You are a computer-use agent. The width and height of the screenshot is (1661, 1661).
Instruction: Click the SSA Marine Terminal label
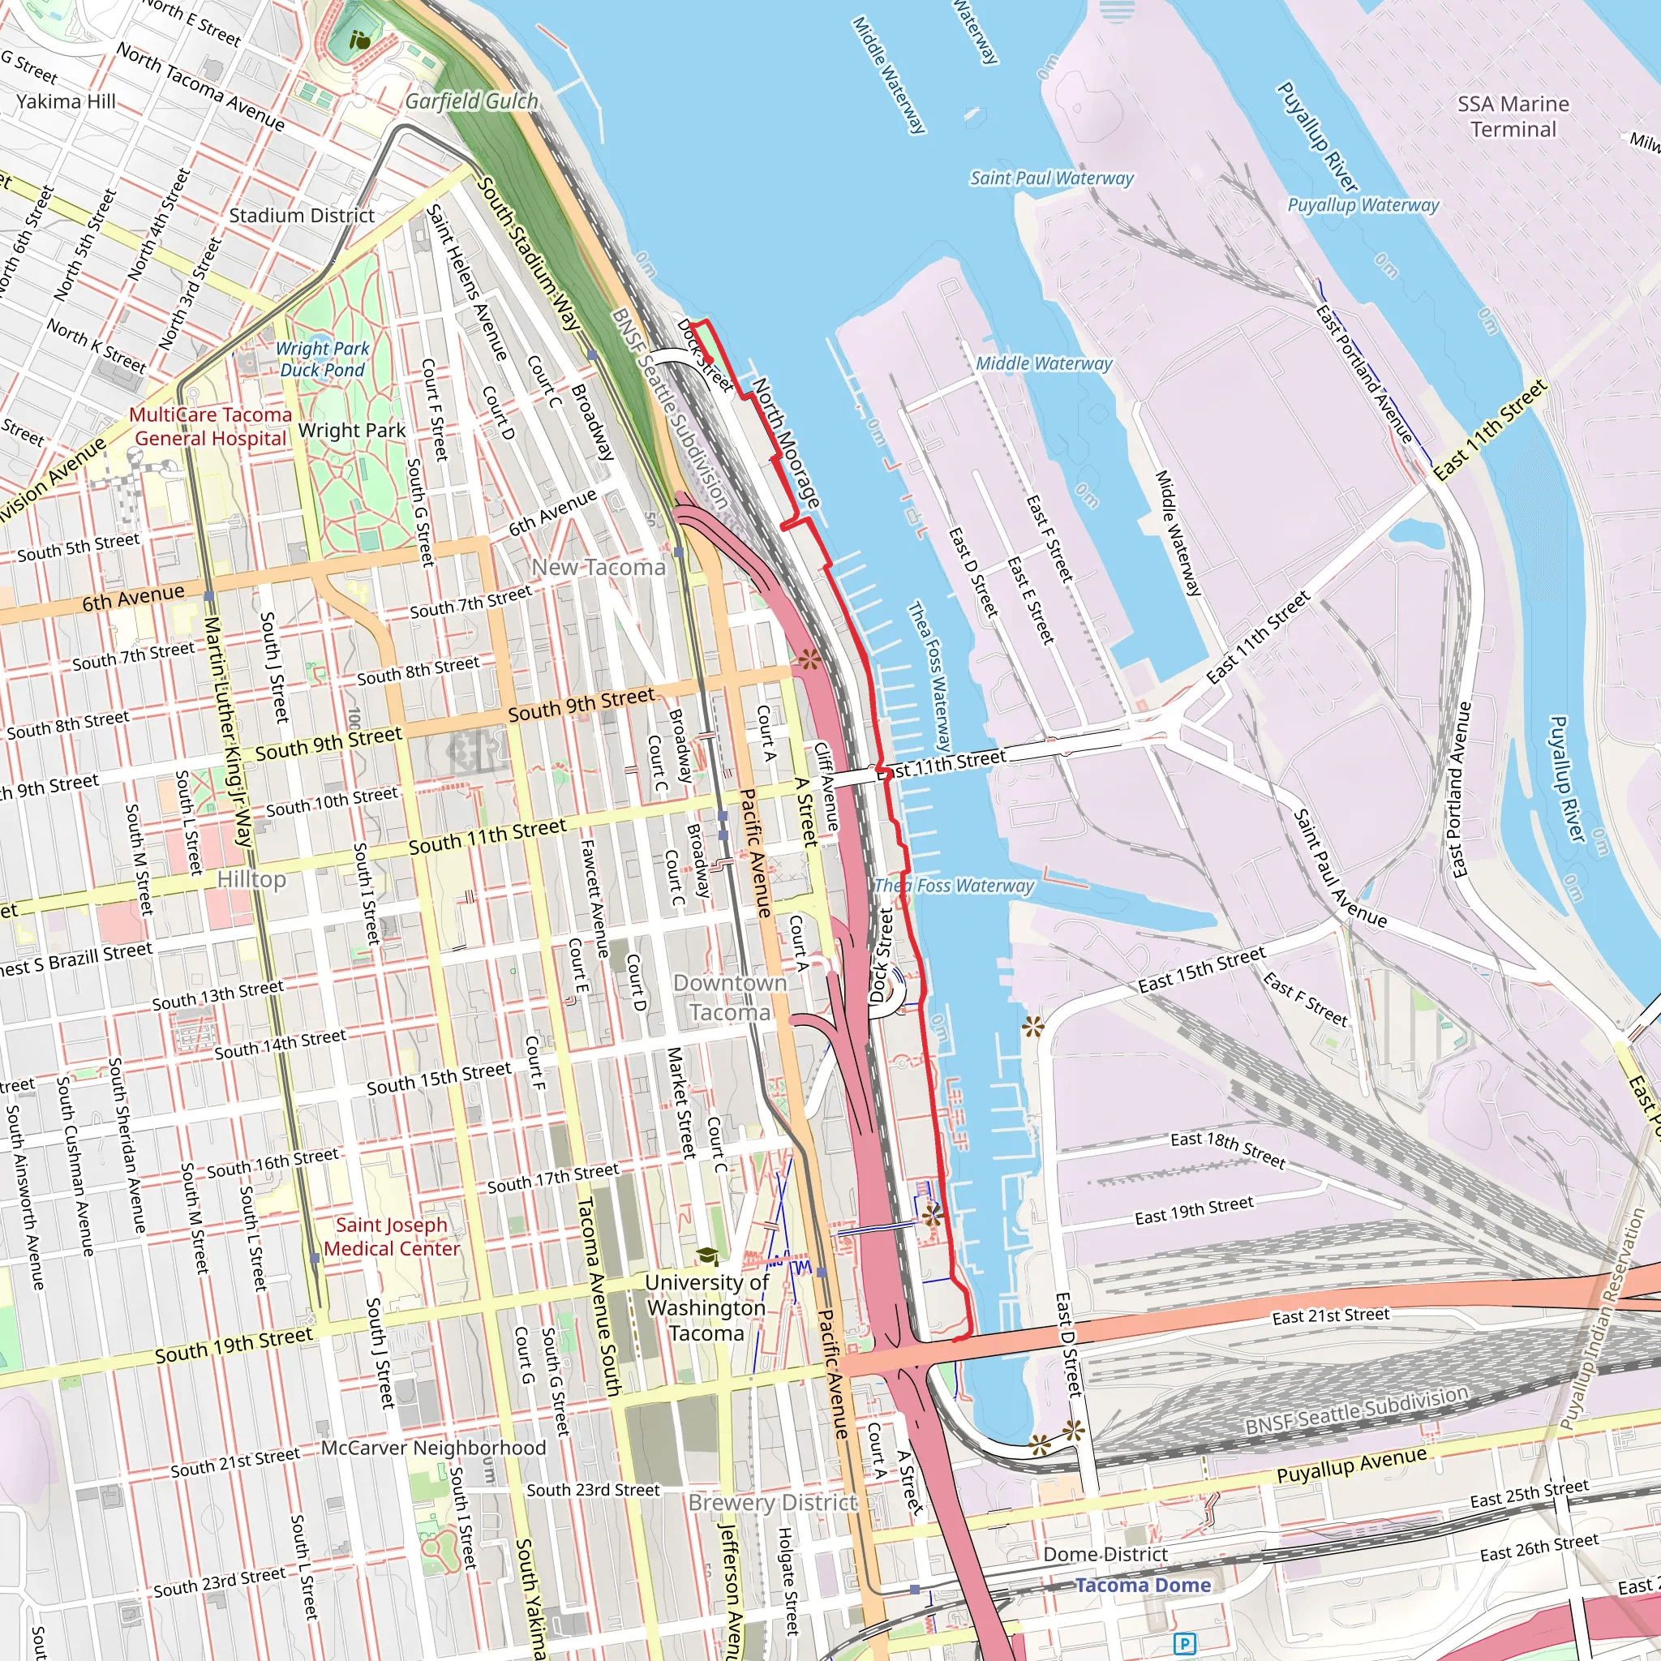(x=1513, y=116)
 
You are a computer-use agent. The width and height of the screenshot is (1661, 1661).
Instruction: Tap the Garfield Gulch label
(x=471, y=101)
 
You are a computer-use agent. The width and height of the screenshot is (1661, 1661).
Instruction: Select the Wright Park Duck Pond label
(x=323, y=359)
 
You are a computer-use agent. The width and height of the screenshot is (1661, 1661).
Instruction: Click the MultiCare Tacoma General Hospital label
(x=211, y=427)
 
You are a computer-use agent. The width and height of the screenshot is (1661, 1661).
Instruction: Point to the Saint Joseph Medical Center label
(x=392, y=1236)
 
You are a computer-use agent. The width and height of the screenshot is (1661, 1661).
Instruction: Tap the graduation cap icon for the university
(x=706, y=1257)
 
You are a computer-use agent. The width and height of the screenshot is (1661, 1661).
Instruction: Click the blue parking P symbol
(x=1185, y=1644)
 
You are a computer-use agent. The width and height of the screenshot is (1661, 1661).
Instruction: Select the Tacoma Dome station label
(x=1143, y=1585)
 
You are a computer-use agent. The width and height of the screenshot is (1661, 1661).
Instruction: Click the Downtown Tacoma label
(x=730, y=998)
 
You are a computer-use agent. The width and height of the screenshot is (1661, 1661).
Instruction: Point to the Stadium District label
(x=302, y=216)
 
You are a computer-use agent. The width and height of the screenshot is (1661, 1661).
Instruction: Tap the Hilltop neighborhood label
(x=251, y=878)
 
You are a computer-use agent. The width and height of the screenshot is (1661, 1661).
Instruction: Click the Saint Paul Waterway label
(x=1051, y=178)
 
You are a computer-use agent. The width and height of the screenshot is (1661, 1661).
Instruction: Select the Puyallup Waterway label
(x=1363, y=204)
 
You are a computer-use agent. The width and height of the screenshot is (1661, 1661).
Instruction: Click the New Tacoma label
(x=599, y=568)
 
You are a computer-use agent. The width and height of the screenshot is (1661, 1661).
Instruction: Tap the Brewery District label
(x=773, y=1502)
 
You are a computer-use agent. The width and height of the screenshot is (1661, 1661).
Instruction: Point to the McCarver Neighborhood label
(x=433, y=1448)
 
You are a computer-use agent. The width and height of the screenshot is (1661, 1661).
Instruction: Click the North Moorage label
(x=786, y=442)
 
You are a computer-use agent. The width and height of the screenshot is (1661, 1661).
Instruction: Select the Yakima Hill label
(x=66, y=101)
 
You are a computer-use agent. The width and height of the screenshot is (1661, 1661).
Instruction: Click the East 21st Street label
(x=1330, y=1315)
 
